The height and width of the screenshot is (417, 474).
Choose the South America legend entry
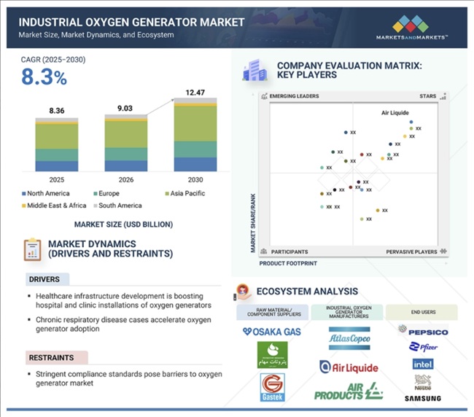coord(118,206)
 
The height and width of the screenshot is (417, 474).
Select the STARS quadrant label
coord(427,96)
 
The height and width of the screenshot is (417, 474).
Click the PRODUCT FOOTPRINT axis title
coord(288,262)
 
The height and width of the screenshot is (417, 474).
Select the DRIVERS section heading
coord(44,279)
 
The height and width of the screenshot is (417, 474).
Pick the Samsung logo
coord(423,399)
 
